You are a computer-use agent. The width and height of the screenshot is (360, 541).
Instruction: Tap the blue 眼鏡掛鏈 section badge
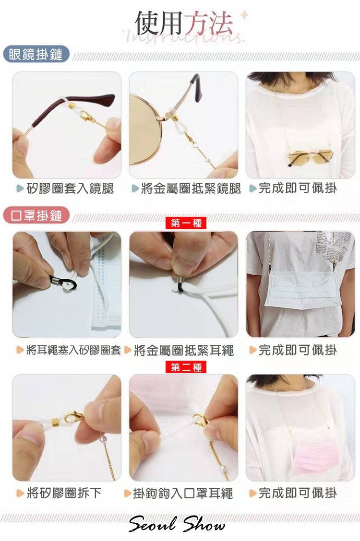tap(36, 55)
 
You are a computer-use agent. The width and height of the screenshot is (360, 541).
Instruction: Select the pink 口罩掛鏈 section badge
tap(36, 216)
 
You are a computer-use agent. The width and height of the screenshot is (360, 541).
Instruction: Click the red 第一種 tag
tap(186, 223)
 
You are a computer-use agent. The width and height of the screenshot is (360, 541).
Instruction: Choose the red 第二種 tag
tap(186, 367)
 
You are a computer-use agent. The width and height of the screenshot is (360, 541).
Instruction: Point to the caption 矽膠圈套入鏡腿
tap(70, 188)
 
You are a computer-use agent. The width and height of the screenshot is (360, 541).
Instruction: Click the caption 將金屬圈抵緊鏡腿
tap(191, 188)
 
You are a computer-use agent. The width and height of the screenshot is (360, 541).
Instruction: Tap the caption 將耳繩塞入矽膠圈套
tap(73, 350)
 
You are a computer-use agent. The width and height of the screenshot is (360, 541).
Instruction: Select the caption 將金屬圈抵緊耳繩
tap(184, 350)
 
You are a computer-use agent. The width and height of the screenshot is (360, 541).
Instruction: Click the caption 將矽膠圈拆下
tap(64, 493)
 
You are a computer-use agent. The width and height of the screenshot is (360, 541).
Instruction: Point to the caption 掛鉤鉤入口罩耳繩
tap(183, 493)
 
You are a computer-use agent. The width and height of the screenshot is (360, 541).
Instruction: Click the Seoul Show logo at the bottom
tap(177, 524)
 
